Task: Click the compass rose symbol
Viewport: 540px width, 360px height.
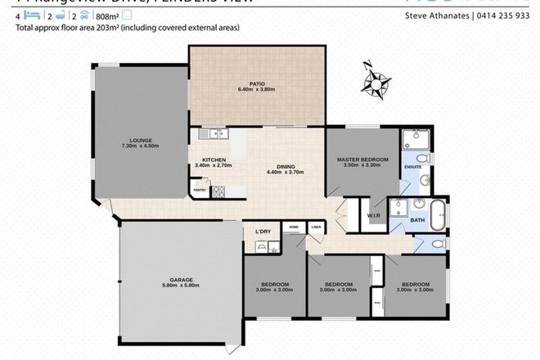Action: point(378,80)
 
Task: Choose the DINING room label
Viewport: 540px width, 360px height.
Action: point(286,166)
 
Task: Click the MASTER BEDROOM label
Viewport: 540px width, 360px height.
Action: point(362,158)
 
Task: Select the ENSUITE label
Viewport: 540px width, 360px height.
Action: point(413,169)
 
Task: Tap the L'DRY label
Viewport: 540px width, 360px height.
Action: point(263,231)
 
